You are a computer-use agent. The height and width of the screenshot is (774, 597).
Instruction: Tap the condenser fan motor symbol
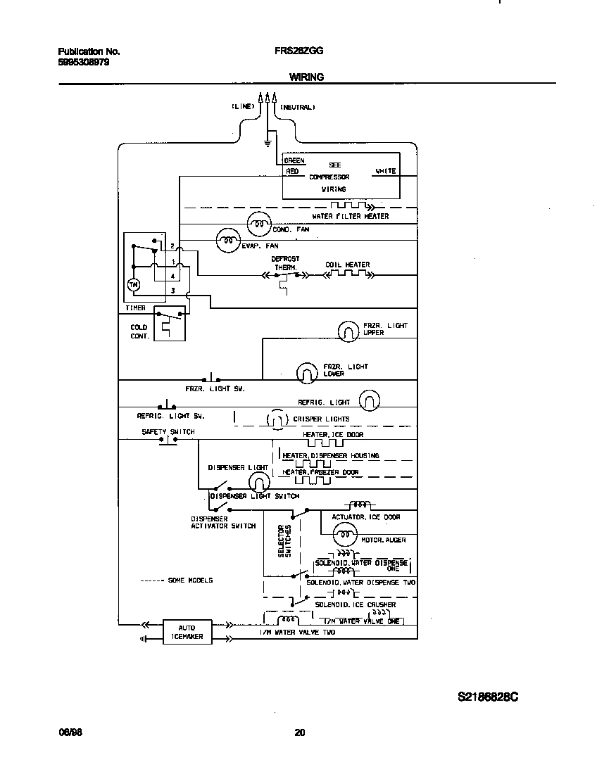[x=258, y=224]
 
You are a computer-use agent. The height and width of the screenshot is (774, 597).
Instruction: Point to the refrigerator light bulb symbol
[x=369, y=401]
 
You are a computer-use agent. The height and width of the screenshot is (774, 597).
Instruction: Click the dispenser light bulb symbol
[x=258, y=482]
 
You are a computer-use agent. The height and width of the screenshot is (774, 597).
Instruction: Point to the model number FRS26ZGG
[x=294, y=51]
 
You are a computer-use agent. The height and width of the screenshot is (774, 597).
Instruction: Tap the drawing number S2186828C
[x=488, y=697]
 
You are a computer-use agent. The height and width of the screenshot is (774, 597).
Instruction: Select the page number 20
[x=299, y=732]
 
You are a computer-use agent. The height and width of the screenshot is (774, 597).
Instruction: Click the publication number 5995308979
[x=83, y=62]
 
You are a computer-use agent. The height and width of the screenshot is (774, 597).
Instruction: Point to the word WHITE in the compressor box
[x=385, y=171]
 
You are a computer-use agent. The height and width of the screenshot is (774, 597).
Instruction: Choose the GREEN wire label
[x=294, y=161]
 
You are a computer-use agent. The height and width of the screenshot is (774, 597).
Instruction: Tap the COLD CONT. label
[x=139, y=331]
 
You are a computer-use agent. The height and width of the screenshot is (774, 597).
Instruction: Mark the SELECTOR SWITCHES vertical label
[x=284, y=541]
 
